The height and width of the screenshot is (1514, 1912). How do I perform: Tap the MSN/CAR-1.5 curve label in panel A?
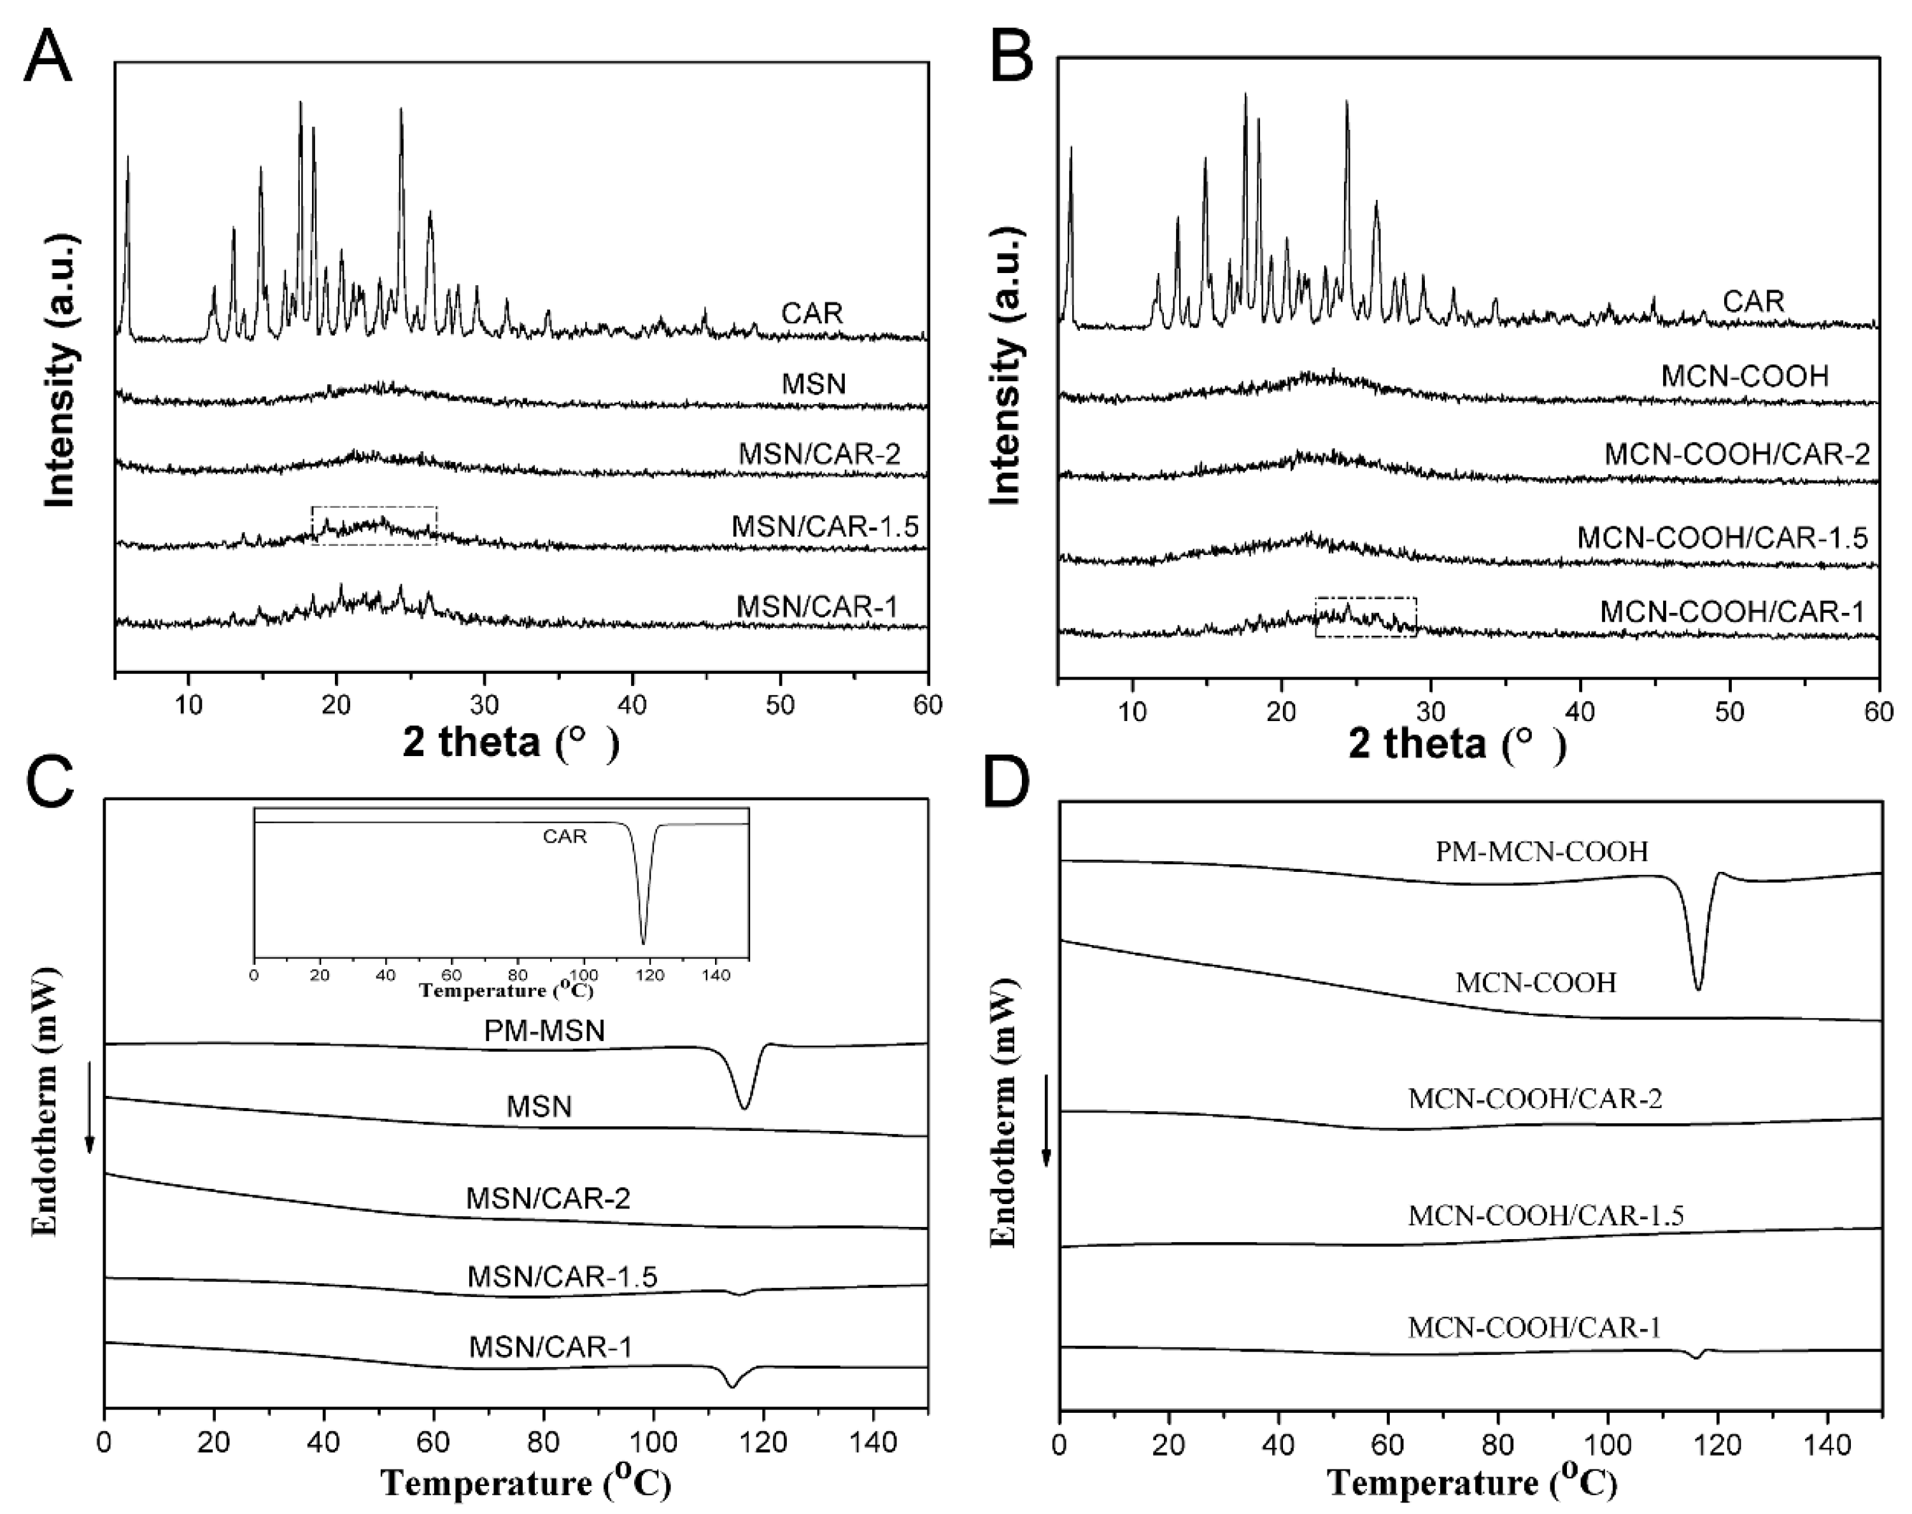(x=825, y=528)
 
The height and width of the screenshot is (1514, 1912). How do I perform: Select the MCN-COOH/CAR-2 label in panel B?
(x=1736, y=455)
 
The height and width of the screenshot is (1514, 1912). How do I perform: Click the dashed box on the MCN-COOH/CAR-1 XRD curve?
(x=1365, y=617)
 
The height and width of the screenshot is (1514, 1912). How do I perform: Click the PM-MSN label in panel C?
(x=544, y=1031)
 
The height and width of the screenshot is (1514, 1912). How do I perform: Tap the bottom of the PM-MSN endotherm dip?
(x=744, y=1107)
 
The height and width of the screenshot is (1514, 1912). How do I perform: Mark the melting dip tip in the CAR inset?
(x=643, y=943)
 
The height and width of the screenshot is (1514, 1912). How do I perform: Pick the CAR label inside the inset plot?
(x=565, y=836)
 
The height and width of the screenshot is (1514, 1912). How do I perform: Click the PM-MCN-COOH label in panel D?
(x=1541, y=852)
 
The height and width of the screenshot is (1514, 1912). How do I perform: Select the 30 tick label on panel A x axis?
(x=484, y=706)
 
